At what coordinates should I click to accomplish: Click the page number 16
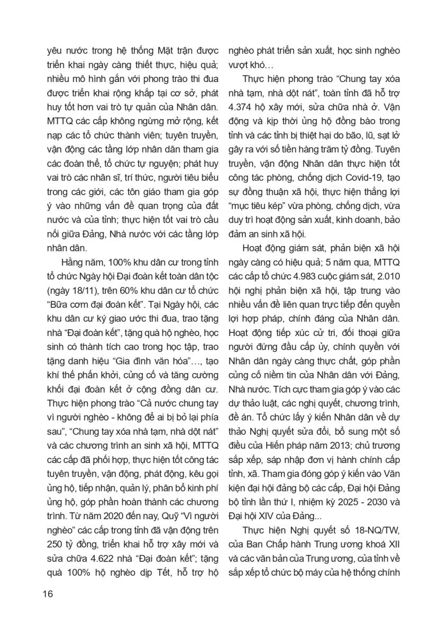coord(48,593)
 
